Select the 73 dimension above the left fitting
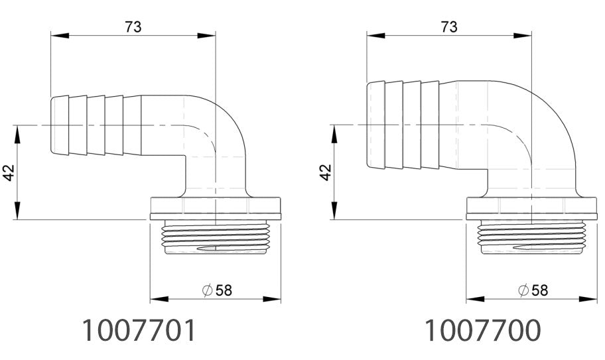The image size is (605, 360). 133,26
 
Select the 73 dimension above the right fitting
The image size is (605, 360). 449,26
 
